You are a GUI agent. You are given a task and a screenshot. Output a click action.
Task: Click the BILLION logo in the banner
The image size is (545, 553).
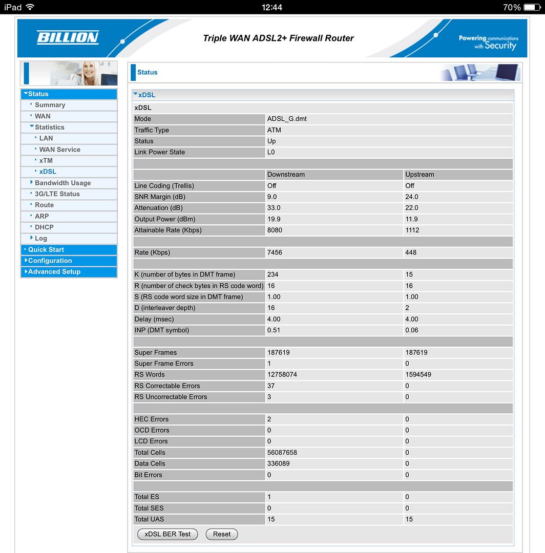[x=68, y=37]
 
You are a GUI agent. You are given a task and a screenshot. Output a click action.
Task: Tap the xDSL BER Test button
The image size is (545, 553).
[x=167, y=534]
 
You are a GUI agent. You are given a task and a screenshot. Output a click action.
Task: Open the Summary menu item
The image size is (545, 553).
[x=50, y=105]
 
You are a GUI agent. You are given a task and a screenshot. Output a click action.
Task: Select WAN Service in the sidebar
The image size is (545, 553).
[x=59, y=150]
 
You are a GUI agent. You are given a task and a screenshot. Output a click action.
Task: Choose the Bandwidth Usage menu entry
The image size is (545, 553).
[x=62, y=183]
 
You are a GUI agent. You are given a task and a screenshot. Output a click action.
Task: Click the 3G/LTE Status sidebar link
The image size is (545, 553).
[x=57, y=194]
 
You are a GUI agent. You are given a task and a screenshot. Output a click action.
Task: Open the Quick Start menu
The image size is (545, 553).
[x=46, y=250]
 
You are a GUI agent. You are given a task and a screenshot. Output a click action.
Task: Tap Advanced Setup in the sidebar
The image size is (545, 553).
[x=54, y=272]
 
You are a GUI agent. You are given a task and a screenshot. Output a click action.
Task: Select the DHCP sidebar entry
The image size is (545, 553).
[x=44, y=227]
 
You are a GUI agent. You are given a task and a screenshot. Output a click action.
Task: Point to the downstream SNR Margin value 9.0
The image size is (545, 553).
[x=272, y=197]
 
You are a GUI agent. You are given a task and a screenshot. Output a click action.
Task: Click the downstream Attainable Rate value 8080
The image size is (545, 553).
[x=275, y=230]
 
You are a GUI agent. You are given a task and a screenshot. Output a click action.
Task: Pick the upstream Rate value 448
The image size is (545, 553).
[x=411, y=252]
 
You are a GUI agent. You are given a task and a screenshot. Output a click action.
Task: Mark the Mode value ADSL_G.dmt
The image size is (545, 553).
[x=287, y=119]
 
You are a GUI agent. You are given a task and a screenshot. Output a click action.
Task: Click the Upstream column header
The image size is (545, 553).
[x=420, y=175]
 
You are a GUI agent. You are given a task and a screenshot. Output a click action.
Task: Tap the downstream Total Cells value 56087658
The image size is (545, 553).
[x=282, y=453]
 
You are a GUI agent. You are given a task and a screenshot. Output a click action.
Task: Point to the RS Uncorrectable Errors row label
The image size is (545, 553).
[x=171, y=397]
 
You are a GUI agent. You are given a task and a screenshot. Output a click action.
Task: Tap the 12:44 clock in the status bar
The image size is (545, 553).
[x=272, y=7]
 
